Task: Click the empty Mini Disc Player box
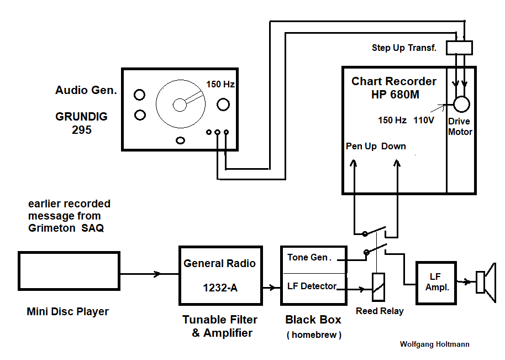(x=69, y=271)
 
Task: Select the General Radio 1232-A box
(x=219, y=275)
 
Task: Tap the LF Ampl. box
(x=436, y=282)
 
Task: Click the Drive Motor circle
(x=461, y=104)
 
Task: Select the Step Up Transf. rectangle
(x=459, y=48)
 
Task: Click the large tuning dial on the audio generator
(x=180, y=105)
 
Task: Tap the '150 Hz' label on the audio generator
(x=220, y=85)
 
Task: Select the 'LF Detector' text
(x=312, y=286)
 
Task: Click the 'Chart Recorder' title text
(x=394, y=81)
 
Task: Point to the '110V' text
(x=424, y=120)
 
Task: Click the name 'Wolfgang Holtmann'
(x=434, y=344)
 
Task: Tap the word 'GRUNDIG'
(x=82, y=117)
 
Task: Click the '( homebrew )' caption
(x=313, y=335)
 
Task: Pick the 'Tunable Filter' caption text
(x=220, y=320)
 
